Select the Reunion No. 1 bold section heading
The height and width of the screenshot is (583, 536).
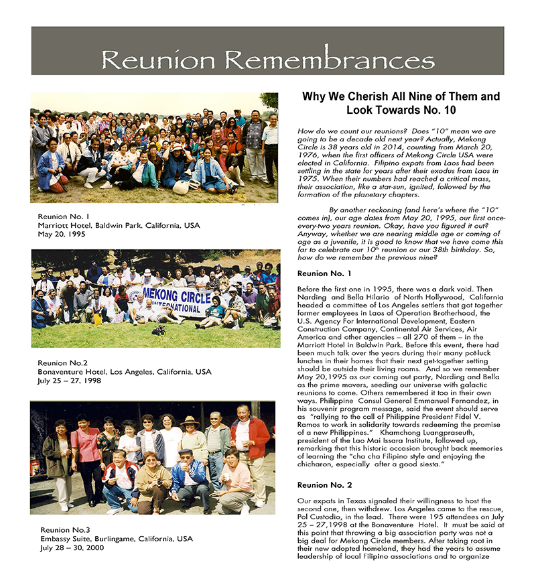tap(324, 273)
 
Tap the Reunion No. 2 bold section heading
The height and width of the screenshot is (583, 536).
tap(324, 484)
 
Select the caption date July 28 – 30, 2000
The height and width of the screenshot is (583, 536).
tap(76, 547)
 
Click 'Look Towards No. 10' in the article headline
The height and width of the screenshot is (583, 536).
tap(401, 109)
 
